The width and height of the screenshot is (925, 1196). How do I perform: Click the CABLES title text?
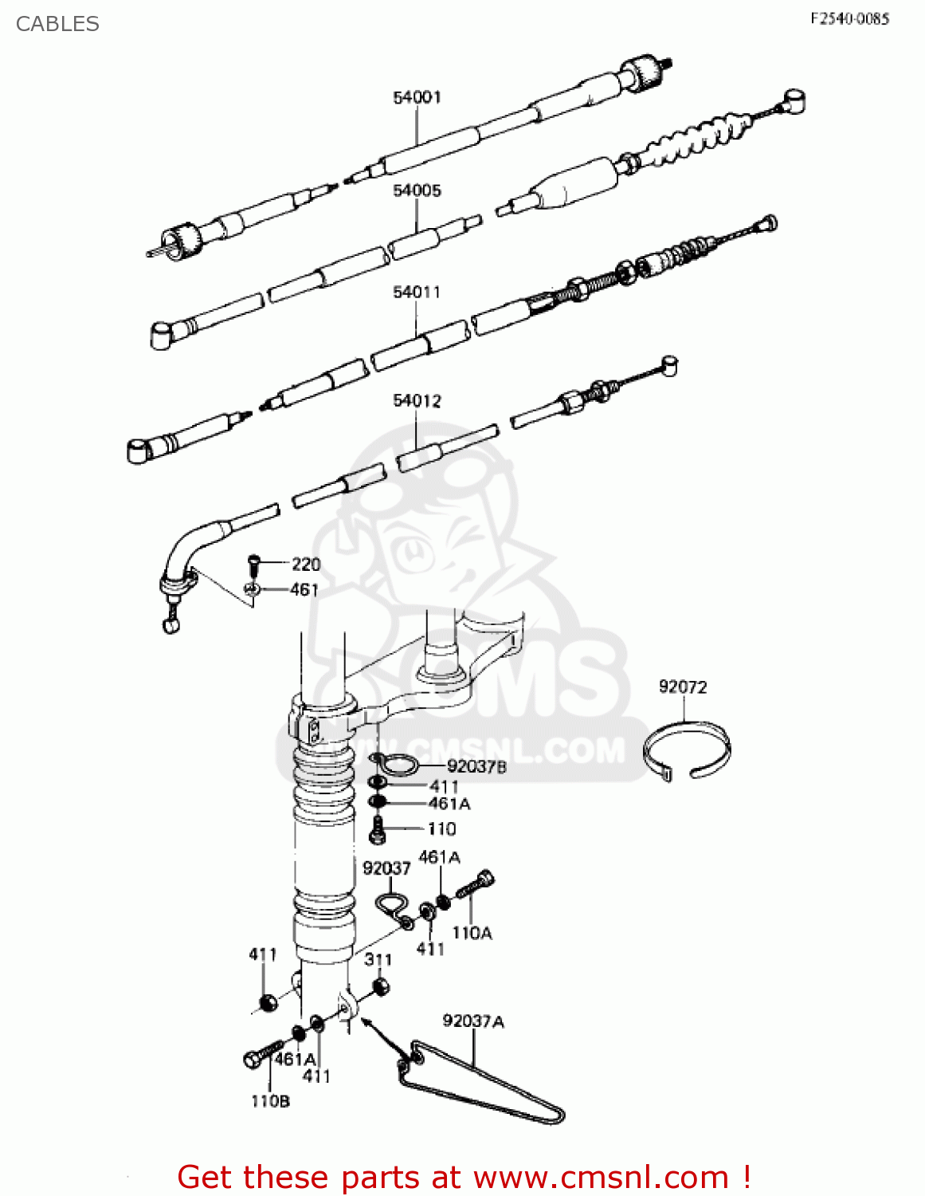click(x=57, y=24)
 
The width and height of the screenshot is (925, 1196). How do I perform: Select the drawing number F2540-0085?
click(x=849, y=18)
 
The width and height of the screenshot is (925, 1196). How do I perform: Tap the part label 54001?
click(x=417, y=97)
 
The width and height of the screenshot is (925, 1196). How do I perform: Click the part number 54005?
click(x=417, y=191)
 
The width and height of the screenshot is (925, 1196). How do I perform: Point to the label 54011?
click(x=416, y=293)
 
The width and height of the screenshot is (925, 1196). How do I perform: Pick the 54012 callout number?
click(x=416, y=401)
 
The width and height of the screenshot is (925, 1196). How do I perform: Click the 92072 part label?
click(x=683, y=687)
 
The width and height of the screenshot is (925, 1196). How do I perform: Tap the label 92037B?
click(x=476, y=767)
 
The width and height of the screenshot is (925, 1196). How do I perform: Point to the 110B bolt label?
click(x=270, y=1101)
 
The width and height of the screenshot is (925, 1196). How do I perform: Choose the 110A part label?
click(x=472, y=933)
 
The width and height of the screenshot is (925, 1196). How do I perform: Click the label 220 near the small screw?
click(x=306, y=565)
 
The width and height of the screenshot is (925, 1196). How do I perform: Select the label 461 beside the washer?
click(x=304, y=590)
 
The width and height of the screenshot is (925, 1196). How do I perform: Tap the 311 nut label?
click(x=378, y=960)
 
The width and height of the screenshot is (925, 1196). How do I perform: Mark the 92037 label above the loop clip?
click(x=386, y=868)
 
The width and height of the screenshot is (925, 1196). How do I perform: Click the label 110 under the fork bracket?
click(x=441, y=829)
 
